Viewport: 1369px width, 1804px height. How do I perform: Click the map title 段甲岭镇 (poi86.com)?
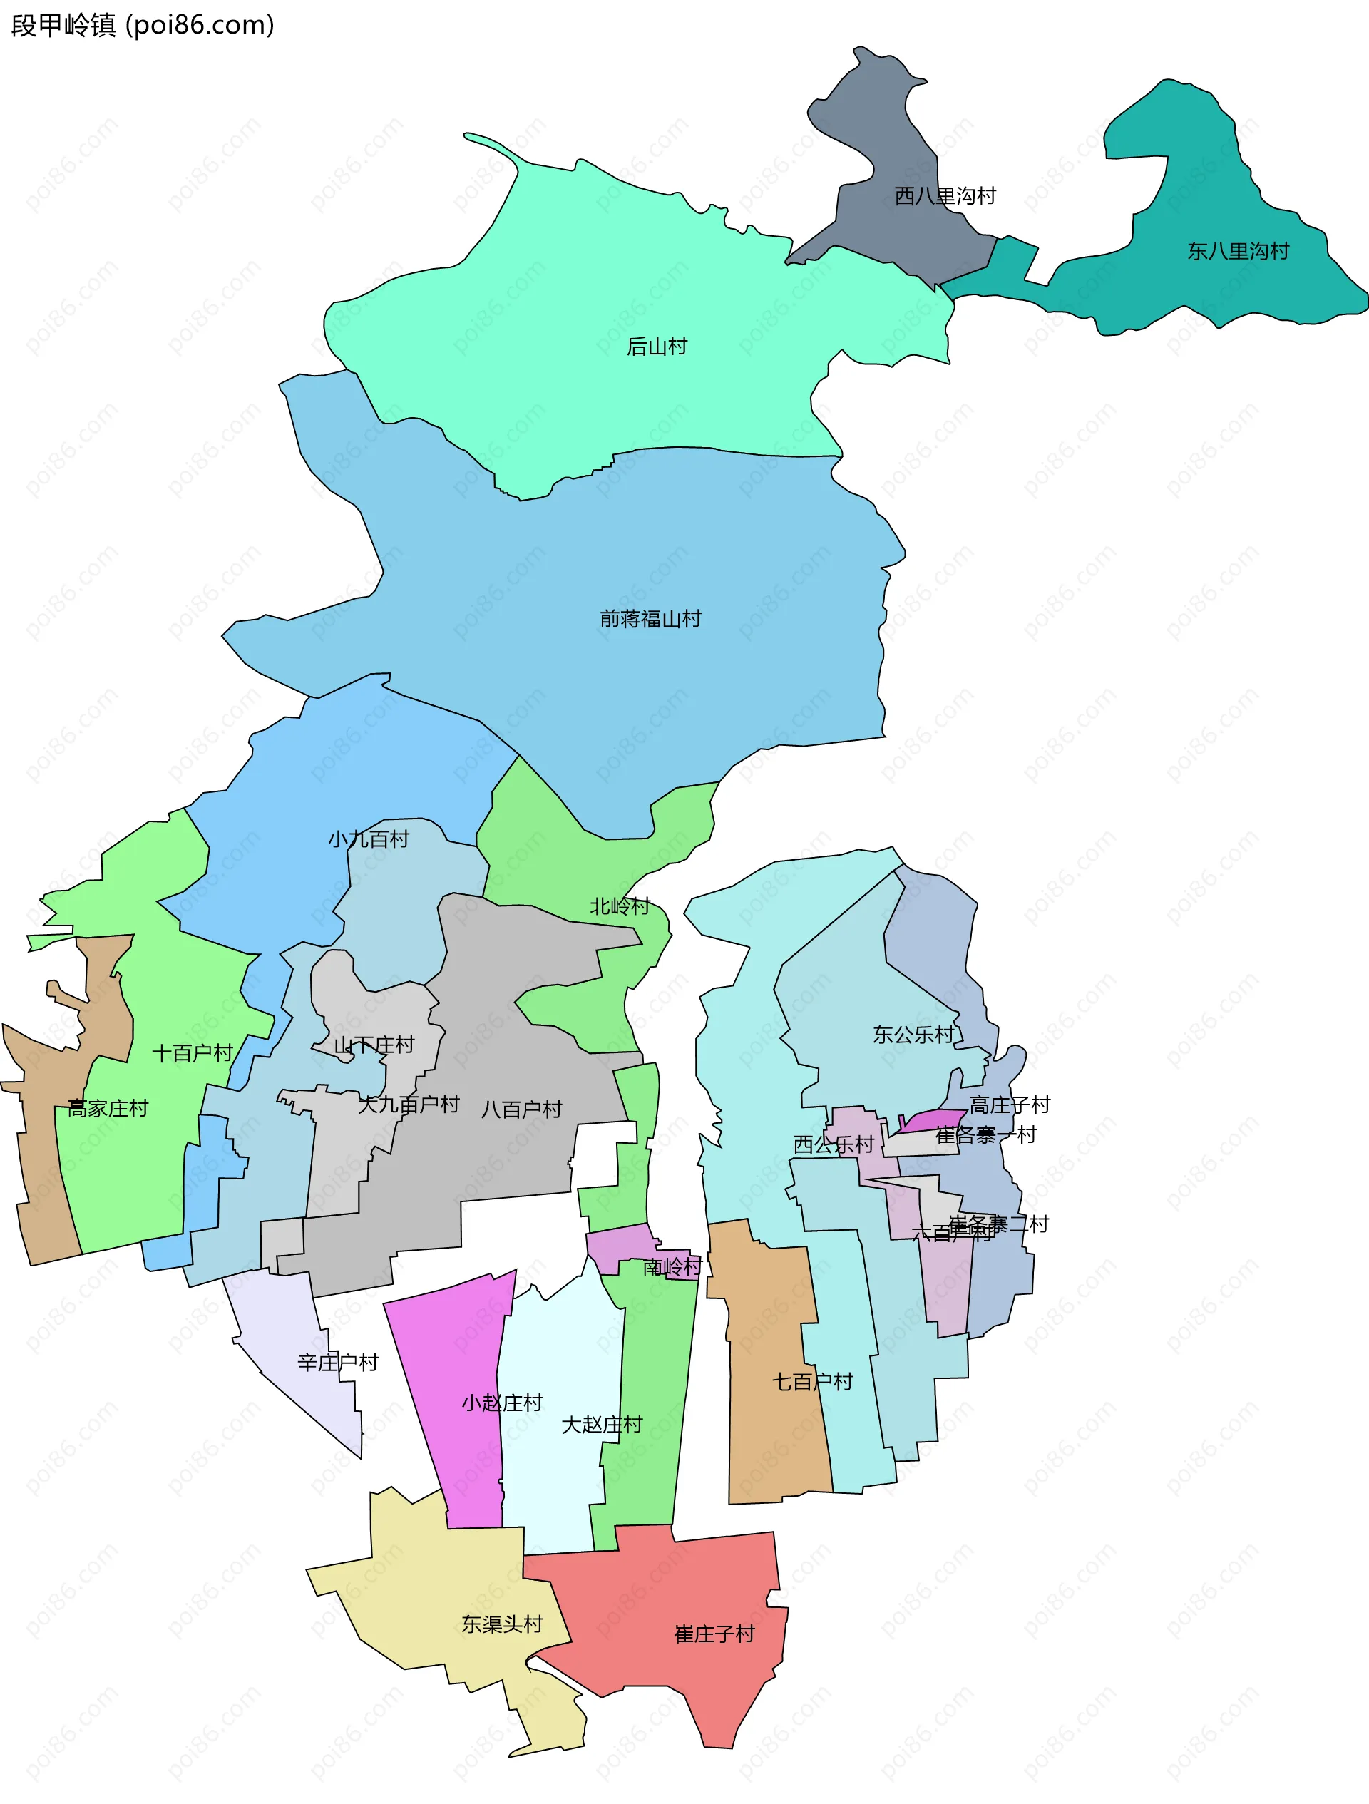[x=143, y=25]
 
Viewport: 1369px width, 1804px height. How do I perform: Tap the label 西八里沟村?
[x=945, y=196]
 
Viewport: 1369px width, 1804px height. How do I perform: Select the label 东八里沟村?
[x=1238, y=251]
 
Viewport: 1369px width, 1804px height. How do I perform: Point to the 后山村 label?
[x=657, y=347]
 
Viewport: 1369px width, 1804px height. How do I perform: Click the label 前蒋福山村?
[x=650, y=619]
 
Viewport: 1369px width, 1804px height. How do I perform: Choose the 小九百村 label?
[x=369, y=839]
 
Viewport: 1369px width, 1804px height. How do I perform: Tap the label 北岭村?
[x=620, y=906]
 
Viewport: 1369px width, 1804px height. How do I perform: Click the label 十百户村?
[x=193, y=1053]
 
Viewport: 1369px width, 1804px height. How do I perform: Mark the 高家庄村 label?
[x=108, y=1108]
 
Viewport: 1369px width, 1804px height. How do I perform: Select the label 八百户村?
[x=522, y=1109]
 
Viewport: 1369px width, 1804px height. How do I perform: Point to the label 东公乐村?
[x=913, y=1035]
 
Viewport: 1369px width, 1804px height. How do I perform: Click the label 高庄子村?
[x=1010, y=1105]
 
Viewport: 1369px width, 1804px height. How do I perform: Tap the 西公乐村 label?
[x=834, y=1145]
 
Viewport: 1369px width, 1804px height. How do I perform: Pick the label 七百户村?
[x=812, y=1382]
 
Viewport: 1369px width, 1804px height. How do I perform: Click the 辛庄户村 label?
[x=337, y=1362]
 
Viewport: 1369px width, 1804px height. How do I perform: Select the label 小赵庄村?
[x=502, y=1403]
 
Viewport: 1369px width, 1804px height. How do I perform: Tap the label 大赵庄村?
[x=602, y=1425]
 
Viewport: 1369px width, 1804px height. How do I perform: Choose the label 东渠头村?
[x=502, y=1624]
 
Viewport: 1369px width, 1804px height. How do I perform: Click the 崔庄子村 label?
[x=714, y=1634]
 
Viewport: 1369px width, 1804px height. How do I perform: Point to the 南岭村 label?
[x=672, y=1266]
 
